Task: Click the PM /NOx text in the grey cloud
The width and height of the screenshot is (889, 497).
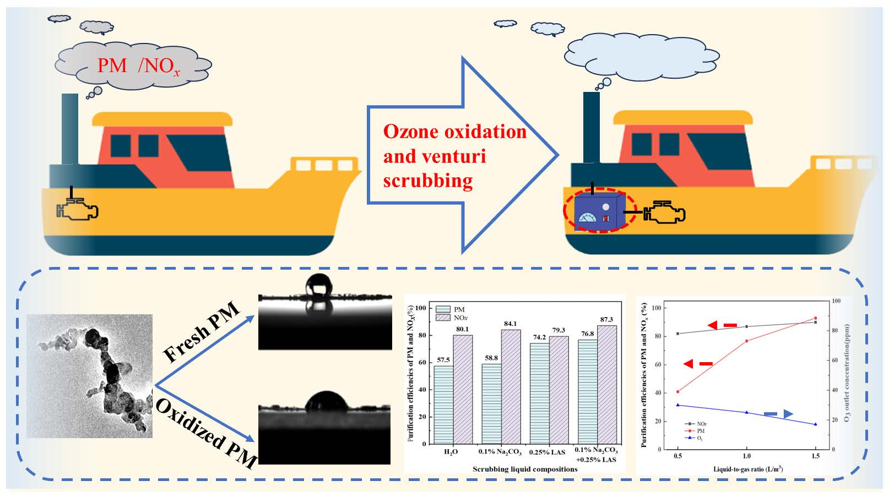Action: [138, 66]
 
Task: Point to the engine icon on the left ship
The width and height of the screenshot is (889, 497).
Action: [77, 209]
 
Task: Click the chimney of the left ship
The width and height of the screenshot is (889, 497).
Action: [70, 129]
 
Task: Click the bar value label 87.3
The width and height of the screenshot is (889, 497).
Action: [606, 319]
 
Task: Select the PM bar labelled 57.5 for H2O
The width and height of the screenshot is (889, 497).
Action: [443, 405]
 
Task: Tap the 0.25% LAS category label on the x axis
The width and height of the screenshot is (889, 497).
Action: [547, 452]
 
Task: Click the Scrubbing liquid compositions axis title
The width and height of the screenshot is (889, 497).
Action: [525, 469]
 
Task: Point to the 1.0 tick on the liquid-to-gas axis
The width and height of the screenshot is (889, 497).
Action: [746, 456]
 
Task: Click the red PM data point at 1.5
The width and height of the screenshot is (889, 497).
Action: [815, 318]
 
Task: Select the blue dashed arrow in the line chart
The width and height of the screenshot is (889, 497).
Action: [778, 414]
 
